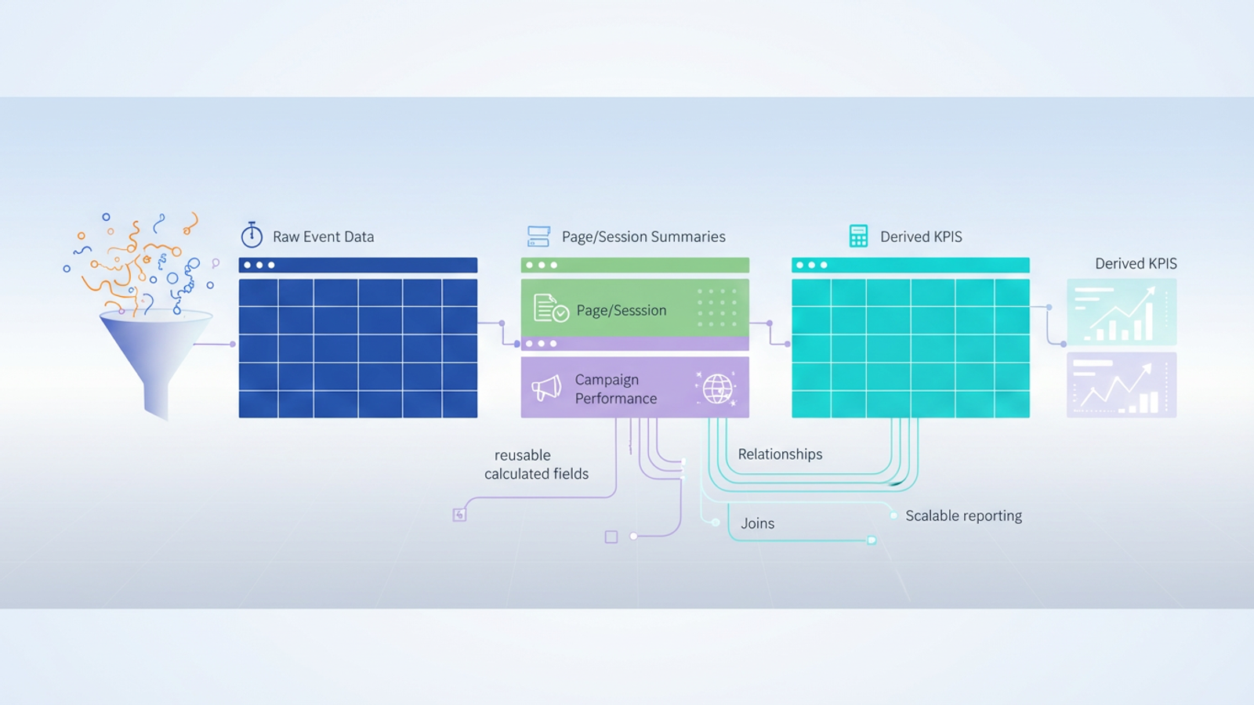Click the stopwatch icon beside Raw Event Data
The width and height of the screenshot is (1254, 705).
pos(252,235)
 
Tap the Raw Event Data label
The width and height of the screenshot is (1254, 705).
pos(323,237)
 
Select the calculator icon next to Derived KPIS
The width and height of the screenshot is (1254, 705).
pos(858,236)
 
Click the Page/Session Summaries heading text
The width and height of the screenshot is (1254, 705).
pos(643,237)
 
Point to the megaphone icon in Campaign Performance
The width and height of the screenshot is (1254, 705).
pos(547,388)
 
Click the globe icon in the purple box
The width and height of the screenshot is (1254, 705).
pos(717,388)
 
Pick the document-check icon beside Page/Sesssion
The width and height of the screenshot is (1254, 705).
pos(550,309)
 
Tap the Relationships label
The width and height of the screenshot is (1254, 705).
pos(780,454)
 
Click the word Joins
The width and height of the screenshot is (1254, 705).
pos(757,523)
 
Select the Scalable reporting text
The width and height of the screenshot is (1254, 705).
pos(963,515)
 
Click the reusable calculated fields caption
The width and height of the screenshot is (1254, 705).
pos(536,465)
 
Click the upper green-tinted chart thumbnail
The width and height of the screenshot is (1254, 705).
pos(1121,312)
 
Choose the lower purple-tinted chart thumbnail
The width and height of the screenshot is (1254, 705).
pos(1121,385)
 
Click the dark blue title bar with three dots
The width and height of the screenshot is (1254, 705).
pos(357,265)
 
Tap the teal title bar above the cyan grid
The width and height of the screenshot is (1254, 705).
pos(910,265)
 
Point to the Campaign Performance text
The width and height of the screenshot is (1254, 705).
pos(615,389)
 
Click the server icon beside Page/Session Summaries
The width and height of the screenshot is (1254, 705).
pos(538,236)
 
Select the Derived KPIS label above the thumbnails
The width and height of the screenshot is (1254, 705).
pos(1135,263)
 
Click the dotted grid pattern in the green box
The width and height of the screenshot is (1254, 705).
pos(716,307)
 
